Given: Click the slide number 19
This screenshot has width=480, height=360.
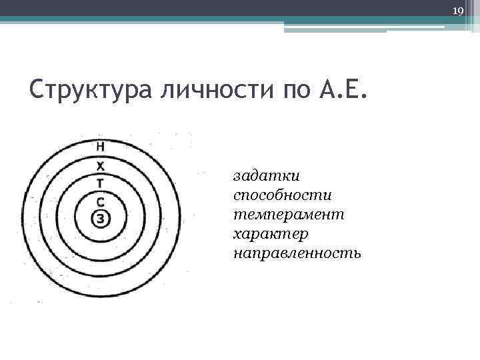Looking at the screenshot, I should [457, 11].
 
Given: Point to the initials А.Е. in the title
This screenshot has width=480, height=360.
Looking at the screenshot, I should [342, 88].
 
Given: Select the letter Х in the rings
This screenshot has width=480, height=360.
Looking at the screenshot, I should [100, 165].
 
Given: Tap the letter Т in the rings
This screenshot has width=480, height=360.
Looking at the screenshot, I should [100, 182].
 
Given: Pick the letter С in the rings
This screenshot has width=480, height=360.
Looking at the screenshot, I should [100, 201].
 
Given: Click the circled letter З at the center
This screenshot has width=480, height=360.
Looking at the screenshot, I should [100, 218].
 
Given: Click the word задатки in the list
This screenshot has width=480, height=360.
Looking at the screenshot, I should [267, 177].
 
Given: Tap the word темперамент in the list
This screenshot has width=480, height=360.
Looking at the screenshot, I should [289, 215].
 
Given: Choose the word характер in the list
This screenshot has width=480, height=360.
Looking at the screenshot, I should [271, 235].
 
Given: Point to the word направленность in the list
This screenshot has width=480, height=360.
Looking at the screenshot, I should [297, 253].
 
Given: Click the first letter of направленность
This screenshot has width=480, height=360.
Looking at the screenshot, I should [238, 253].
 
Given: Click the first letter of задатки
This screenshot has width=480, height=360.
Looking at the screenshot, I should [237, 177].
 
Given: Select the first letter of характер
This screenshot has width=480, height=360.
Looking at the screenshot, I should [237, 235].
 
